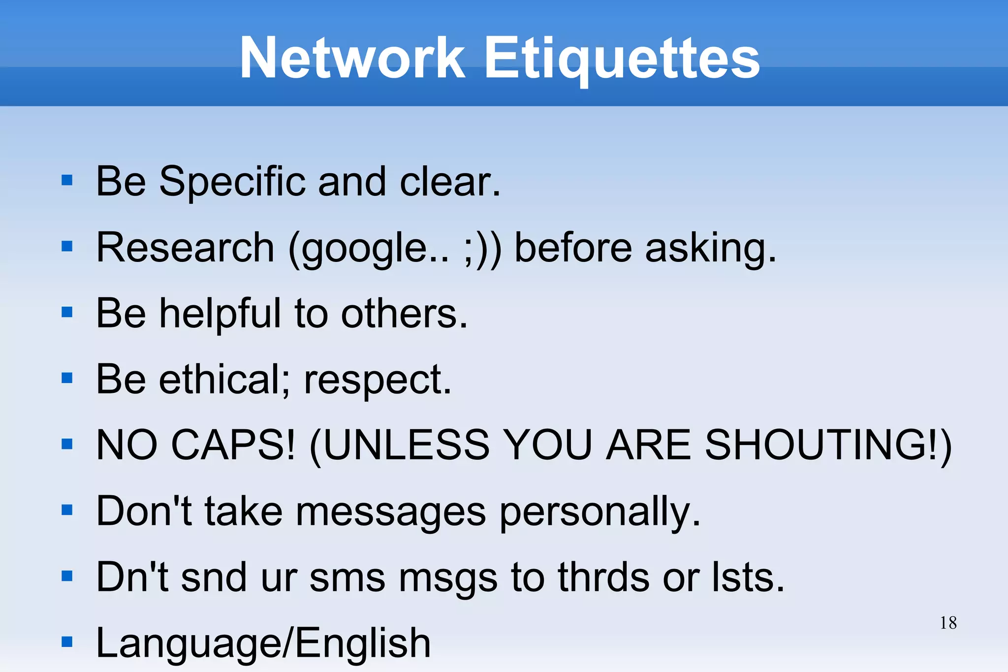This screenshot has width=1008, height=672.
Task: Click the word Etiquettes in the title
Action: pos(622,59)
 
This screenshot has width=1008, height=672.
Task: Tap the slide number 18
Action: pos(948,623)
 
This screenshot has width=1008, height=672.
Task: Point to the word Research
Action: pos(185,247)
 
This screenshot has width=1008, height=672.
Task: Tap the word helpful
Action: pos(220,314)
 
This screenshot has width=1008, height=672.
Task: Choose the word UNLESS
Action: pos(407,445)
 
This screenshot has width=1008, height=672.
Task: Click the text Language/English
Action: pos(263,643)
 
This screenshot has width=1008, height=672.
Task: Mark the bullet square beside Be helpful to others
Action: pos(67,312)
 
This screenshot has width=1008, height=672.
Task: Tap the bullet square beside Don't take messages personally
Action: pos(67,510)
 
